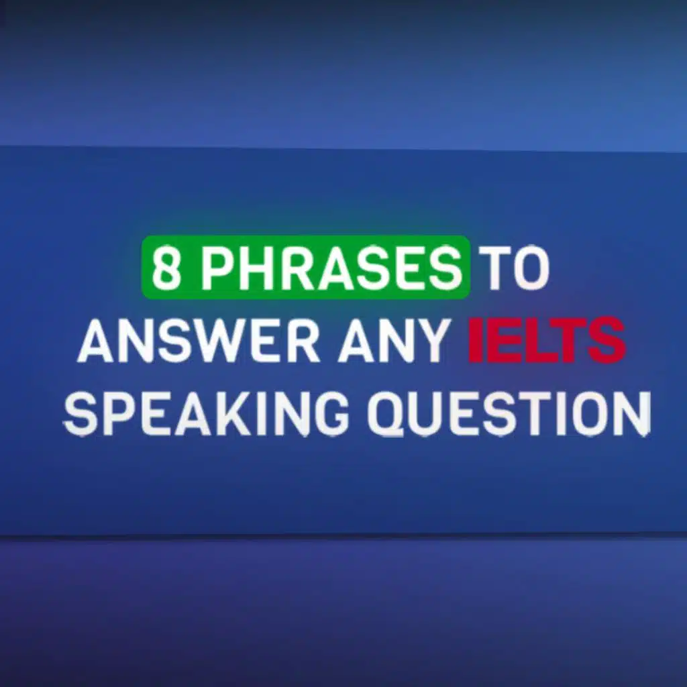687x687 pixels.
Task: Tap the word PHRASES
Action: click(x=331, y=267)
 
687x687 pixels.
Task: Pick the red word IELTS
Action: click(x=547, y=340)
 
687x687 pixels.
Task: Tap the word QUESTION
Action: click(x=509, y=413)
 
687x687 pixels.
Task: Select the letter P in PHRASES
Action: click(x=217, y=267)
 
